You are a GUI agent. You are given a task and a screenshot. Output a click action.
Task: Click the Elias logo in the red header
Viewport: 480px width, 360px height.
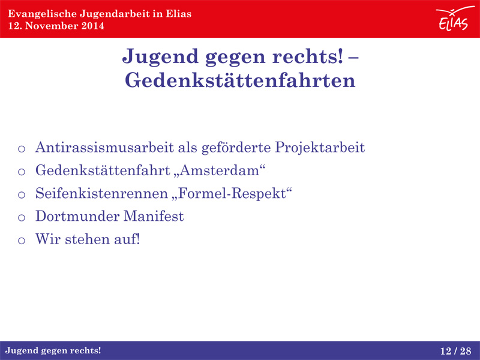pos(454,19)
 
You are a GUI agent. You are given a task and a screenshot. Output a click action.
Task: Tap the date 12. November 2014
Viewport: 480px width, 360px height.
pos(56,26)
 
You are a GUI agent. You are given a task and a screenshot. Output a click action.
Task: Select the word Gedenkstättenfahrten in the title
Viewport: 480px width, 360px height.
pos(240,80)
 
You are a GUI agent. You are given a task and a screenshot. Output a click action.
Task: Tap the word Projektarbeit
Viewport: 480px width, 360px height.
pos(320,148)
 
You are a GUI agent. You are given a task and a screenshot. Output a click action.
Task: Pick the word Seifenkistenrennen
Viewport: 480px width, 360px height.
pos(101,193)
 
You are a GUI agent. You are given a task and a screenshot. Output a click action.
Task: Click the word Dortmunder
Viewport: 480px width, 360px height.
pos(77,216)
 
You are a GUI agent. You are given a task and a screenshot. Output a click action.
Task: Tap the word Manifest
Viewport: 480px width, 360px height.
pos(154,216)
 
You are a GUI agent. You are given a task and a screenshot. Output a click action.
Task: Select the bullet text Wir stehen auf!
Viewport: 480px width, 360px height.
pos(88,239)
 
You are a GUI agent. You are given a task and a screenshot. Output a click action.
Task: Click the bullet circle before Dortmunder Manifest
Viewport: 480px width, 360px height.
pos(22,218)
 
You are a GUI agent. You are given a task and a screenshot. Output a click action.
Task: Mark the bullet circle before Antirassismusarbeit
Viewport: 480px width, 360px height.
pos(22,149)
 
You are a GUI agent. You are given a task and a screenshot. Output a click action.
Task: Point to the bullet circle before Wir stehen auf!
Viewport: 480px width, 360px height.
pos(22,241)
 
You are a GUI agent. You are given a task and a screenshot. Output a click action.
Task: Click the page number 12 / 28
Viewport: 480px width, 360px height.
pos(456,351)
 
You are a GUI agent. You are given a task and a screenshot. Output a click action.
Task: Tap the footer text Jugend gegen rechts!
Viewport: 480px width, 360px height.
pos(53,351)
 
